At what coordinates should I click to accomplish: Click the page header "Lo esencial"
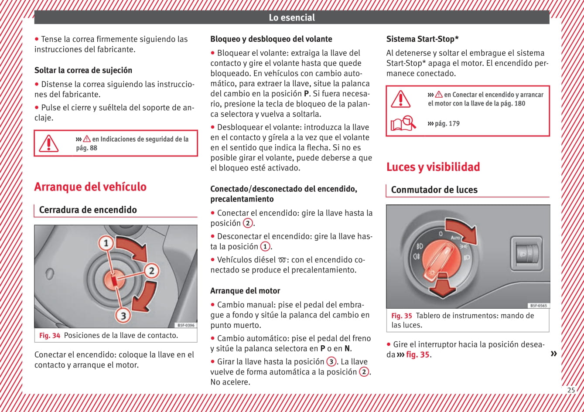click(291, 18)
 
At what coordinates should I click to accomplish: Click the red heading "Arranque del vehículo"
click(90, 187)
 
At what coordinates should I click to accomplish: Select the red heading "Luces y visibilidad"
click(433, 167)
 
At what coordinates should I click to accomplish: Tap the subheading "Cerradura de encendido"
click(88, 210)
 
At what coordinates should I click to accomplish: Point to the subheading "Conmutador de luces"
click(434, 190)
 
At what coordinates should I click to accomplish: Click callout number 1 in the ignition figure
click(106, 243)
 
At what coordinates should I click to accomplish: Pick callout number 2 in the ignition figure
click(151, 271)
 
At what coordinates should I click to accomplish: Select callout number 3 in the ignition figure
click(123, 315)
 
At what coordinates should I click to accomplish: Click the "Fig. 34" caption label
click(50, 336)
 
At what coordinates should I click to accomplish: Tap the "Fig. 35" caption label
click(401, 316)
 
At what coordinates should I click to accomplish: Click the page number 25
click(571, 390)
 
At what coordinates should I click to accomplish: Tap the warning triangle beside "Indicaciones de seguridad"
click(49, 143)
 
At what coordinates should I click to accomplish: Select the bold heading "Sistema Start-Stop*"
click(422, 39)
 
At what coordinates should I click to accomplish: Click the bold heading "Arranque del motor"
click(245, 291)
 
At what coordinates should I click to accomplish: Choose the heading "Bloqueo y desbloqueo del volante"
click(271, 39)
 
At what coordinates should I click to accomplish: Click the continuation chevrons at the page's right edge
click(553, 354)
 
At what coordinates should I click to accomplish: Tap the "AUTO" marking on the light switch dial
click(454, 238)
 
